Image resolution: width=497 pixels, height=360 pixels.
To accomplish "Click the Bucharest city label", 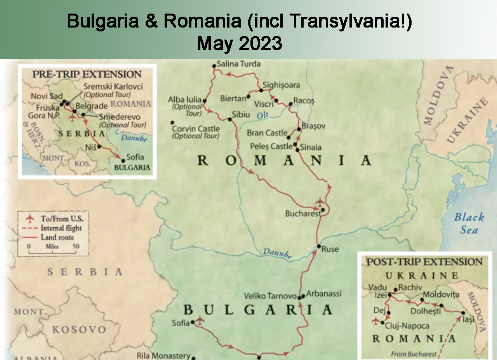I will [303, 214].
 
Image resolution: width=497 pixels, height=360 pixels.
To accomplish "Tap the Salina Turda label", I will [238, 64].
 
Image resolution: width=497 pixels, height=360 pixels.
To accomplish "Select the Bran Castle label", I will [267, 133].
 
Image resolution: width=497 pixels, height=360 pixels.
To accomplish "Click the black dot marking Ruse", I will [318, 246].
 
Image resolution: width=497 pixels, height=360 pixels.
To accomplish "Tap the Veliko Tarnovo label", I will [270, 296].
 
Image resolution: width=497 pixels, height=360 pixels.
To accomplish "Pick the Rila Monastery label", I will [163, 356].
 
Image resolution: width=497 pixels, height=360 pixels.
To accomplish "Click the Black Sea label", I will [469, 223].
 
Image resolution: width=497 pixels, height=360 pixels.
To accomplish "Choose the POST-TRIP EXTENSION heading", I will [424, 262].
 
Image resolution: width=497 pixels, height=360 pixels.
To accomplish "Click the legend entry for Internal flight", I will [61, 228].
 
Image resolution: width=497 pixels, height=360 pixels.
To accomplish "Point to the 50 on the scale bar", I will [76, 246].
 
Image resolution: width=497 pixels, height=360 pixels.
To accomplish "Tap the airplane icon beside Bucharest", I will [320, 202].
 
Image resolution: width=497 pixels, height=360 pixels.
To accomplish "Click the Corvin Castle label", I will [196, 129].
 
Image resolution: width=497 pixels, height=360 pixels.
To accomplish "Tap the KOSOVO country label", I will [79, 330].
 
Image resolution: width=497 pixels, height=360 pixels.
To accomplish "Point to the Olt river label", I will [262, 115].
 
